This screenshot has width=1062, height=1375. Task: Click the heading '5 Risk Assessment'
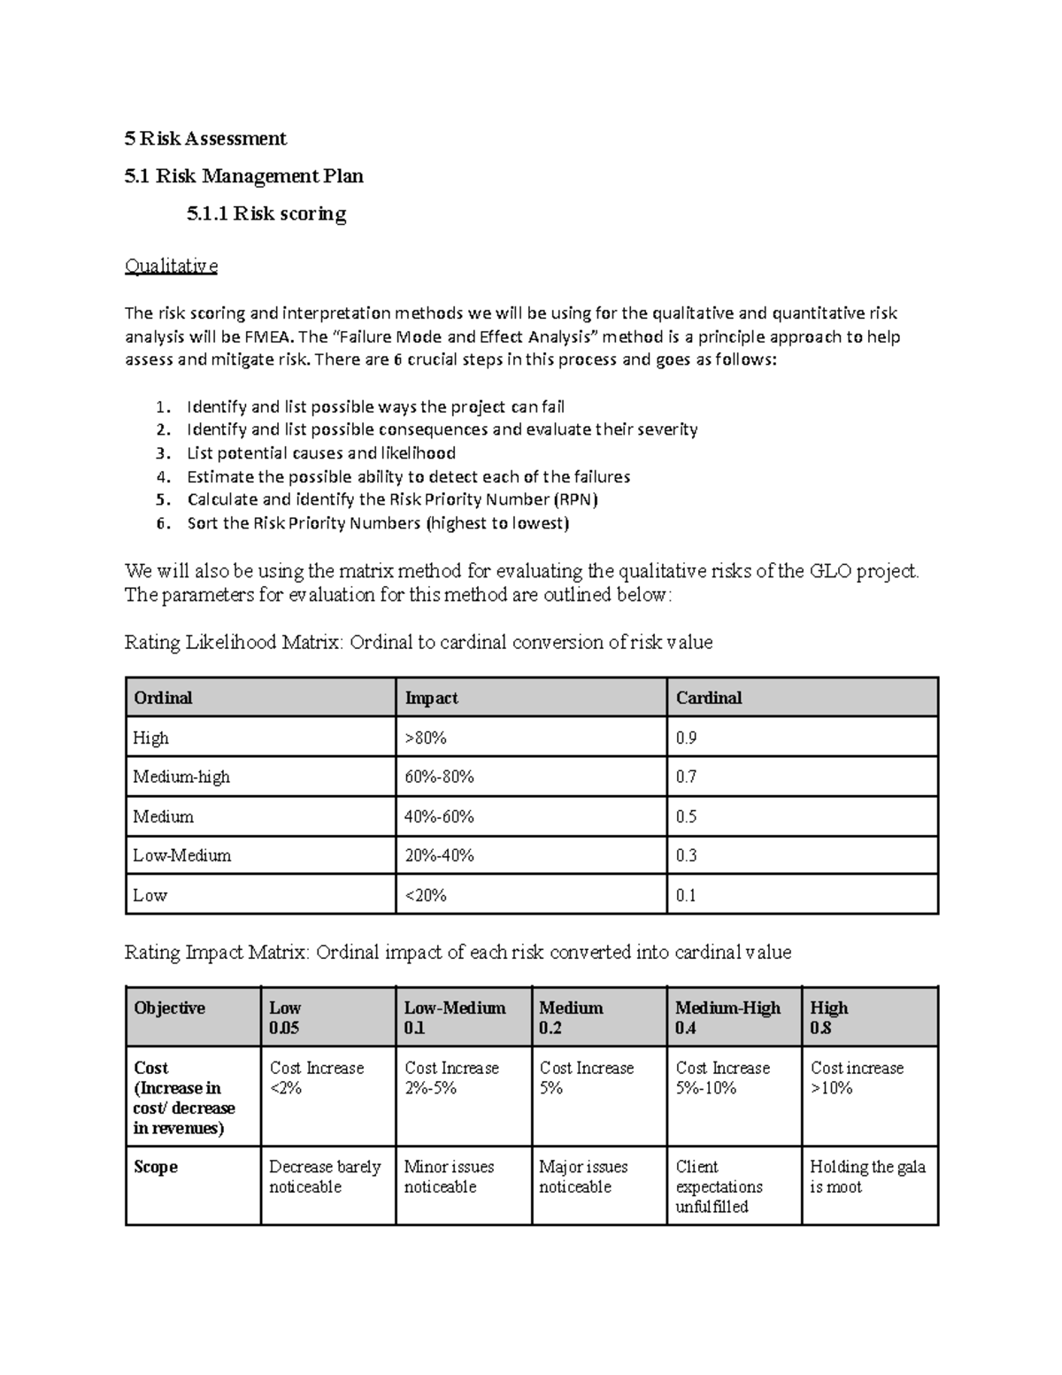coord(205,138)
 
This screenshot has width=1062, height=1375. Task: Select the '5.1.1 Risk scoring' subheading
coord(266,213)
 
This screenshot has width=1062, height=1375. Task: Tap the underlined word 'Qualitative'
coord(171,266)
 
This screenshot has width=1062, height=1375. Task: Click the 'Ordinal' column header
coord(163,698)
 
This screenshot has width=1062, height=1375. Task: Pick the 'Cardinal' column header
coord(709,698)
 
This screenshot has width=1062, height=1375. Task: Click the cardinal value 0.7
coord(687,776)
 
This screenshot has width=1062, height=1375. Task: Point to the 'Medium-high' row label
coord(181,776)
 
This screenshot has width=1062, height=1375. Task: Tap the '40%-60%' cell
coord(439,816)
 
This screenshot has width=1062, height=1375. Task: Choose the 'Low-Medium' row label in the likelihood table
coord(181,855)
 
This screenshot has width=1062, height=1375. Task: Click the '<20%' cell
coord(426,895)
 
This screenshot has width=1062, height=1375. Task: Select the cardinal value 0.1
coord(687,895)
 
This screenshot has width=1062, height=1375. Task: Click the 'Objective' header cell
coord(169,1008)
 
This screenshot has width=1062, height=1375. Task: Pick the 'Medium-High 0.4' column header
coord(727,1017)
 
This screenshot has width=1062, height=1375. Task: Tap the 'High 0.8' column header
coord(829,1017)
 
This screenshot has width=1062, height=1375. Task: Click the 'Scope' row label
coord(156,1167)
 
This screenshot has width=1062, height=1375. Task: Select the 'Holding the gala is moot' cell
coord(867,1177)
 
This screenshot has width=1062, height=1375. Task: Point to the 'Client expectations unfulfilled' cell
coord(719,1186)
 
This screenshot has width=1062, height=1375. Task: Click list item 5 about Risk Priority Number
coord(392,499)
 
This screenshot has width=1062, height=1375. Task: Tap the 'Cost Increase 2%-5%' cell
coord(451,1078)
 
